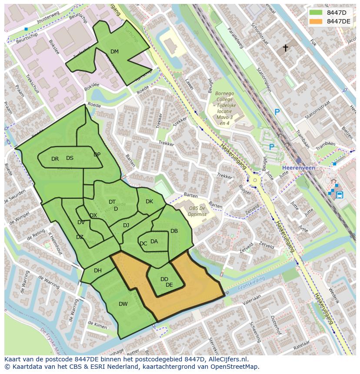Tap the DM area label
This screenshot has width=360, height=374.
(114, 52)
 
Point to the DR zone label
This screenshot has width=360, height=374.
(55, 159)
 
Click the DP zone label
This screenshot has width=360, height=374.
(97, 155)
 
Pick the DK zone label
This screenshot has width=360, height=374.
(149, 202)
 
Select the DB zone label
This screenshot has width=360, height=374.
(174, 231)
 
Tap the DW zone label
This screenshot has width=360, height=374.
(123, 304)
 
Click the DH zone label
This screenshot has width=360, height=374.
(98, 271)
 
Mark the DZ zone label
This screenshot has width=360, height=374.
(80, 237)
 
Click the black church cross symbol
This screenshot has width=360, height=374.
(286, 48)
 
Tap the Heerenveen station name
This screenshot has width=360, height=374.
(298, 168)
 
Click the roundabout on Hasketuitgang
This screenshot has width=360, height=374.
(255, 179)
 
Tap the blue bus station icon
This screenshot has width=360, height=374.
(340, 195)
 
